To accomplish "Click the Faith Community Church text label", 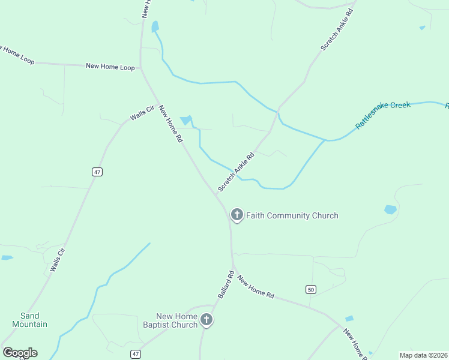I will pyautogui.click(x=292, y=216).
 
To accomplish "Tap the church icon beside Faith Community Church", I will pyautogui.click(x=237, y=215).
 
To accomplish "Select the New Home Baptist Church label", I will pyautogui.click(x=177, y=320).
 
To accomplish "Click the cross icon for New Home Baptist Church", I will pyautogui.click(x=206, y=320).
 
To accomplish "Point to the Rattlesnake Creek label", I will pyautogui.click(x=383, y=114).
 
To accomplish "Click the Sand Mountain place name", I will pyautogui.click(x=29, y=320).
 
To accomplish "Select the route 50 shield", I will pyautogui.click(x=310, y=290).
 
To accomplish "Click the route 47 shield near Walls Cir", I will pyautogui.click(x=97, y=172).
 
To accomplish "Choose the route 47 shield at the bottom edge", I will pyautogui.click(x=136, y=354).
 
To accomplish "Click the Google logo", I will pyautogui.click(x=20, y=353).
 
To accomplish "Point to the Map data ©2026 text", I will pyautogui.click(x=424, y=355).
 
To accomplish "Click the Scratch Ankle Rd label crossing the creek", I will pyautogui.click(x=236, y=172).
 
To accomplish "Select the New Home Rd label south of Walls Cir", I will pyautogui.click(x=170, y=124).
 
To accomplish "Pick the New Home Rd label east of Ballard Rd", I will pyautogui.click(x=256, y=287).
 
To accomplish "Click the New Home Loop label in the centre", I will pyautogui.click(x=110, y=67).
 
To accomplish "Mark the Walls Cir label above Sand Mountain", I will pyautogui.click(x=57, y=259).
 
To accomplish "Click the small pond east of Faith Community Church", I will pyautogui.click(x=390, y=209).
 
